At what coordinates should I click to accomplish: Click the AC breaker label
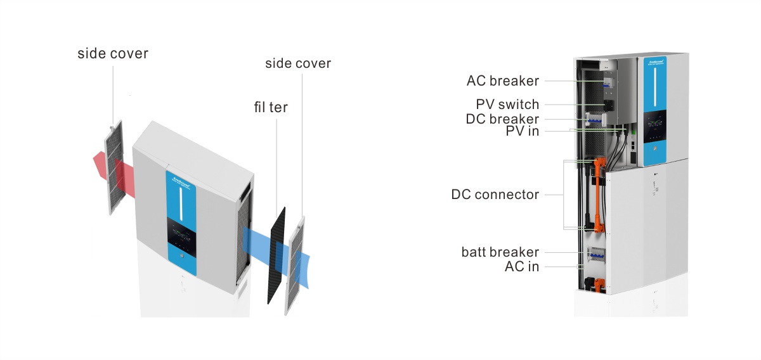click(x=502, y=81)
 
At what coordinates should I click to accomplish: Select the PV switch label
click(x=507, y=105)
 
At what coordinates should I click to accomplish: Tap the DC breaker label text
click(x=502, y=119)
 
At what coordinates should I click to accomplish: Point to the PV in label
click(x=522, y=132)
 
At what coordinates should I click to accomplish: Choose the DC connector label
click(x=495, y=195)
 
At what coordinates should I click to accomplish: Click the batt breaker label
click(x=500, y=252)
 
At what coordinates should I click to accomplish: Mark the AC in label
click(x=521, y=267)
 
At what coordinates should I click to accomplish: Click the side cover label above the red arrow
click(x=113, y=53)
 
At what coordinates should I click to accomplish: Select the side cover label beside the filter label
click(x=298, y=63)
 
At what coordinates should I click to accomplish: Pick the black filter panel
click(x=277, y=254)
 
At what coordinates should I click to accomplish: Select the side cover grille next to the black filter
click(x=296, y=266)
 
